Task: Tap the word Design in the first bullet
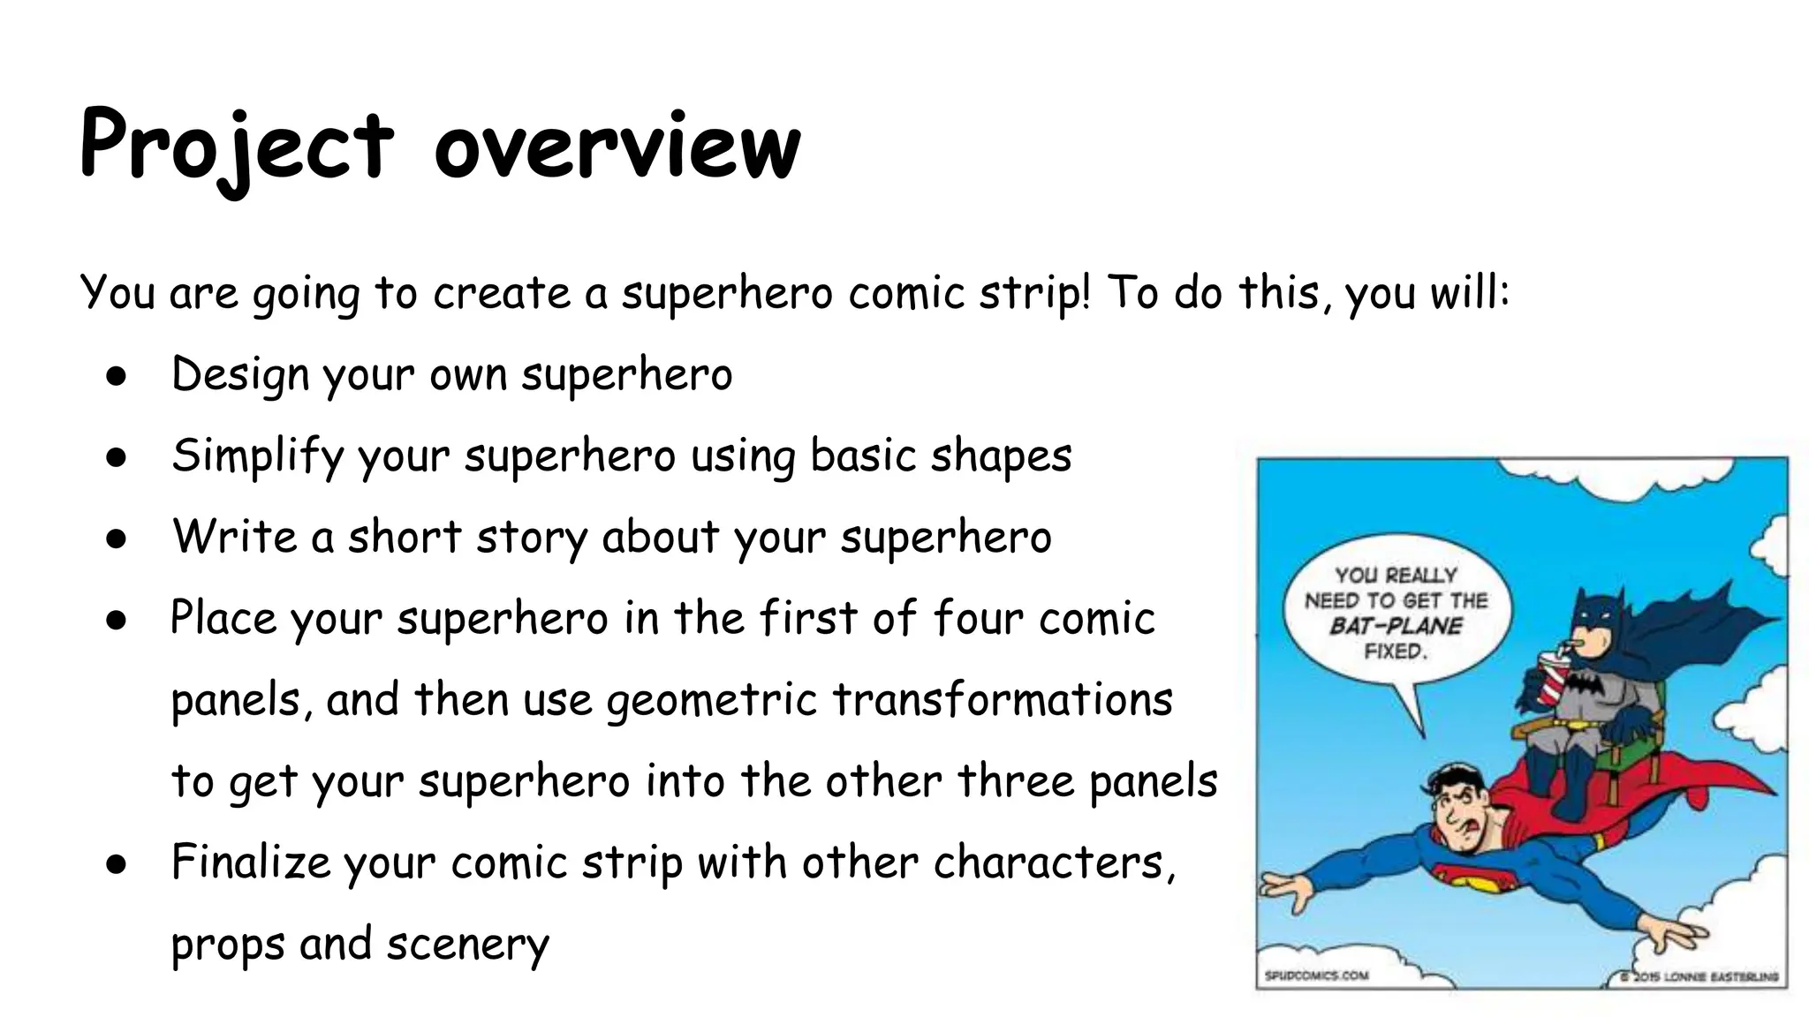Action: click(239, 374)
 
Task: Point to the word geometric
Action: click(711, 701)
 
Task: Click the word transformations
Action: click(1003, 699)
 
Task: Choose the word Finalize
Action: click(250, 863)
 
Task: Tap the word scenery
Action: click(467, 944)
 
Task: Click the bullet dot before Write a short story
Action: click(116, 539)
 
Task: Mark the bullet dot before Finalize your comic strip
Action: click(116, 864)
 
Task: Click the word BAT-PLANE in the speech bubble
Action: click(1396, 627)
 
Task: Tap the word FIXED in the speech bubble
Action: click(1395, 652)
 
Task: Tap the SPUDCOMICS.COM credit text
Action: click(1315, 976)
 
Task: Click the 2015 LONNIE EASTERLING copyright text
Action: click(1700, 977)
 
